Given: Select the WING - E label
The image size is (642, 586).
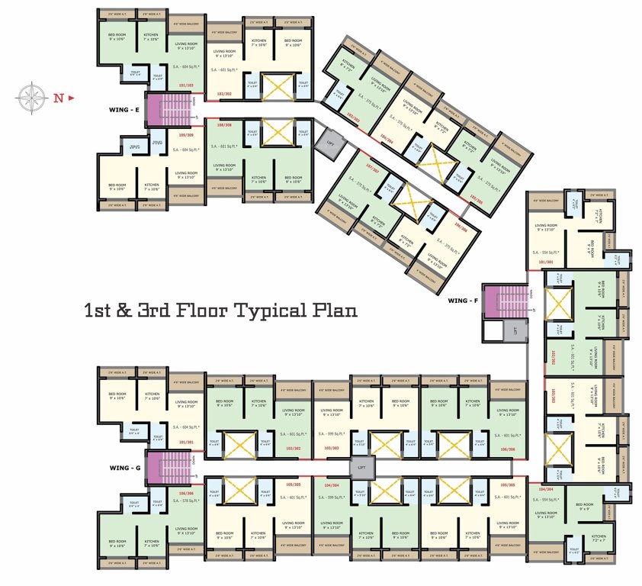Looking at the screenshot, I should pyautogui.click(x=124, y=111).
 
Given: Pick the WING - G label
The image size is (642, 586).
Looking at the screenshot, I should pyautogui.click(x=124, y=466).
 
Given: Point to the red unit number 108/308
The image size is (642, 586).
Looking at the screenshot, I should pyautogui.click(x=224, y=124).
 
